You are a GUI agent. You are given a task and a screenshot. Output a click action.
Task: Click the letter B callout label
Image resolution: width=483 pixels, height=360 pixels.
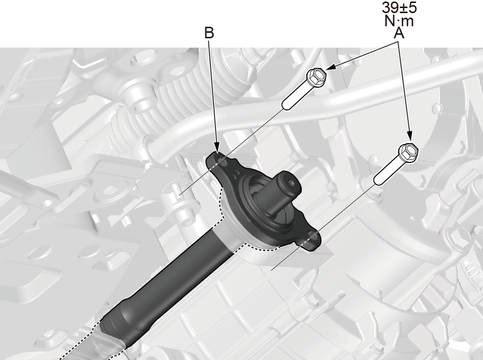tap(209, 33)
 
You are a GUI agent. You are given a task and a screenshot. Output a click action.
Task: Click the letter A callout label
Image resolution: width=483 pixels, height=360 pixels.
tap(399, 33)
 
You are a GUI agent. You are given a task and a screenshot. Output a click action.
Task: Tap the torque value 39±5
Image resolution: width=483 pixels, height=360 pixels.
tap(400, 8)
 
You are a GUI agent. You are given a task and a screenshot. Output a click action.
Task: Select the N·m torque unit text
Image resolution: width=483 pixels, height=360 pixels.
tap(399, 21)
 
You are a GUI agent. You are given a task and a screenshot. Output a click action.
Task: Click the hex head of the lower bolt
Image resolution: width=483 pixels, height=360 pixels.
tap(408, 152)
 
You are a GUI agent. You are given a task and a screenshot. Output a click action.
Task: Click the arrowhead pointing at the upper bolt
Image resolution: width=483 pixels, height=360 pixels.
tap(330, 67)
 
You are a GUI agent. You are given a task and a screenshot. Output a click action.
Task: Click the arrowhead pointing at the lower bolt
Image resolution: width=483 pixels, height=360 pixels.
tap(409, 137)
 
